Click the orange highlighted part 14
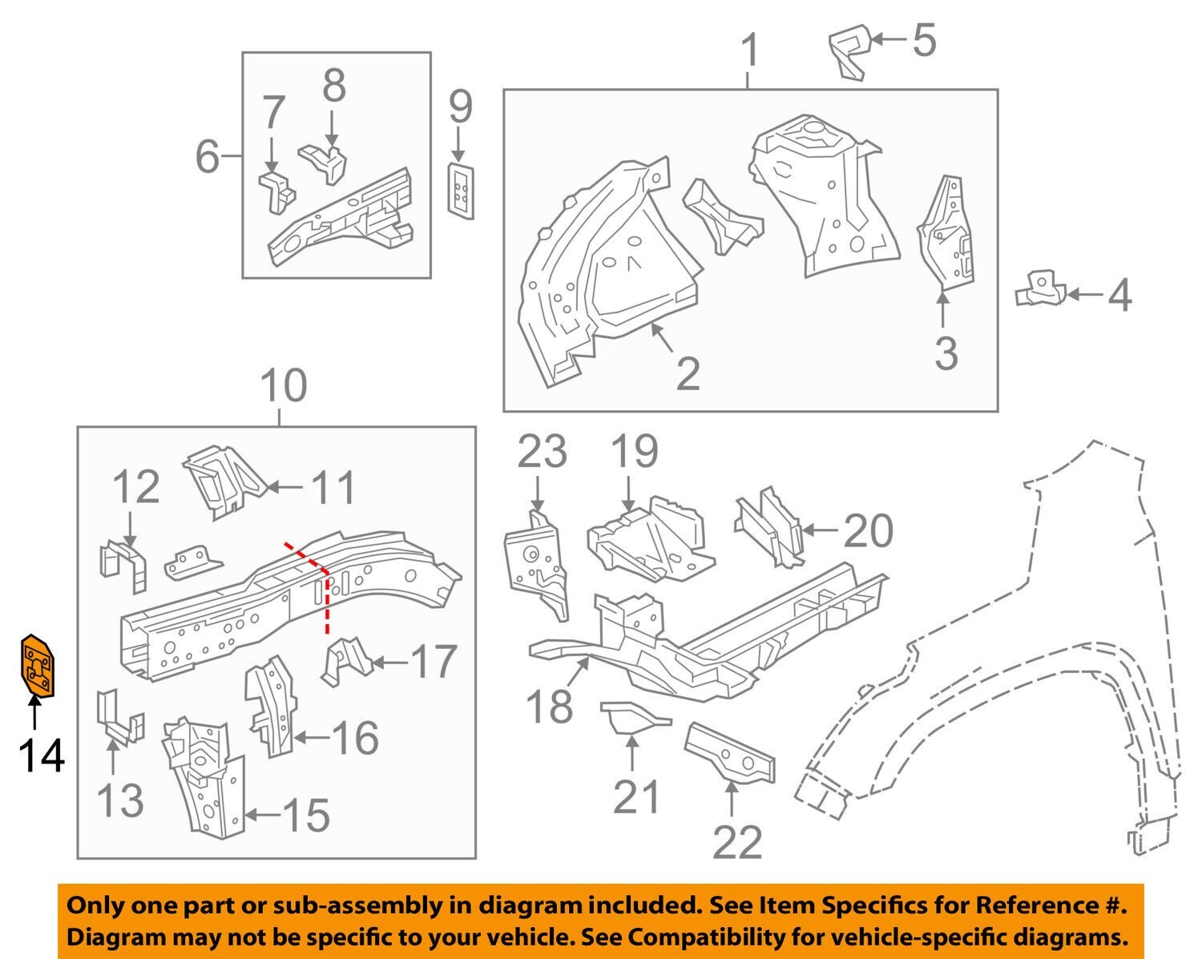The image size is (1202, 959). click(36, 664)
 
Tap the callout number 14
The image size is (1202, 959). click(42, 755)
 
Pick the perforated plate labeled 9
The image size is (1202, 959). click(460, 189)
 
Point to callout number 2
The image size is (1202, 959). click(688, 373)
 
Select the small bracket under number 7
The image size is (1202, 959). click(276, 190)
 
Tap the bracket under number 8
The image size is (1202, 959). click(326, 161)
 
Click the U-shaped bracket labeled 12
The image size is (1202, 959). click(124, 566)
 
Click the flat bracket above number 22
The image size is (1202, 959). click(730, 752)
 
